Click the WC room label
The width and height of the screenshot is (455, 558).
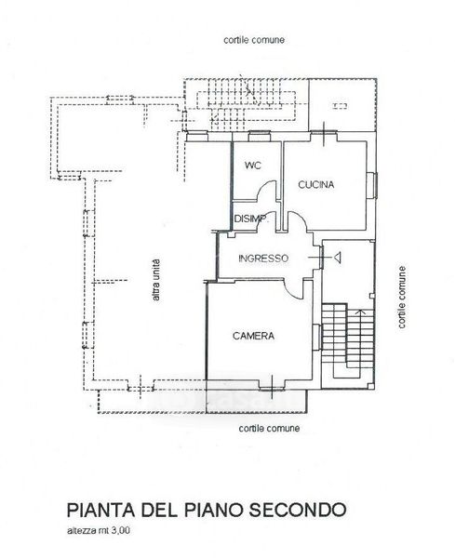(x=253, y=166)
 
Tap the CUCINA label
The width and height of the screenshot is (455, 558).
(x=316, y=185)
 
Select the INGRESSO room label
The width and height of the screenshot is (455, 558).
(x=263, y=259)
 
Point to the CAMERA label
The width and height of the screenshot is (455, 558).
(x=253, y=336)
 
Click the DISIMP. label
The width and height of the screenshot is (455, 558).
(x=251, y=219)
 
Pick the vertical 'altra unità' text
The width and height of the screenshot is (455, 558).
(x=156, y=280)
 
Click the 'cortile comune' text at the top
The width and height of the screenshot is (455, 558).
(x=254, y=40)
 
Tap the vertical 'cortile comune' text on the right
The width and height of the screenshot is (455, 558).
(x=402, y=297)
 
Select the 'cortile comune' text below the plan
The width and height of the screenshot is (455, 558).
(x=269, y=428)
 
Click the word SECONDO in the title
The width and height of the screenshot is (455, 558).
(x=297, y=510)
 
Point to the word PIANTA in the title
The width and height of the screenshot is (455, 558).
(x=100, y=510)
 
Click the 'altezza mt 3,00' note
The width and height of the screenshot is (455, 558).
(x=99, y=531)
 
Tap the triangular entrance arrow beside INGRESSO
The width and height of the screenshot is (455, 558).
(x=337, y=258)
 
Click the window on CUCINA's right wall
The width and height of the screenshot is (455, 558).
(x=372, y=185)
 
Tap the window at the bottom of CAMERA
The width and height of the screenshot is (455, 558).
(x=272, y=388)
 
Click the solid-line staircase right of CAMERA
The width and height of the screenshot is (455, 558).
(x=348, y=340)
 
